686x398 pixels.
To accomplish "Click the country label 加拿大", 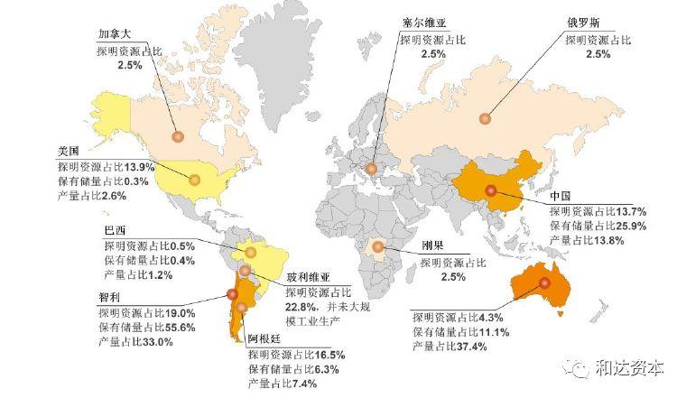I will click(x=115, y=35).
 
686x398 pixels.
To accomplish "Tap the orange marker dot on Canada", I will click(x=178, y=137).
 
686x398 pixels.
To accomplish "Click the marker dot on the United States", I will click(x=192, y=179).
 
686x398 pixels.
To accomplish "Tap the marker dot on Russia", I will click(x=485, y=117).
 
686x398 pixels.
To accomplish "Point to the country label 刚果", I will click(x=435, y=246).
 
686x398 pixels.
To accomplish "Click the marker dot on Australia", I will click(x=545, y=283).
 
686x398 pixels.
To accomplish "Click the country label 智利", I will click(x=111, y=297).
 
